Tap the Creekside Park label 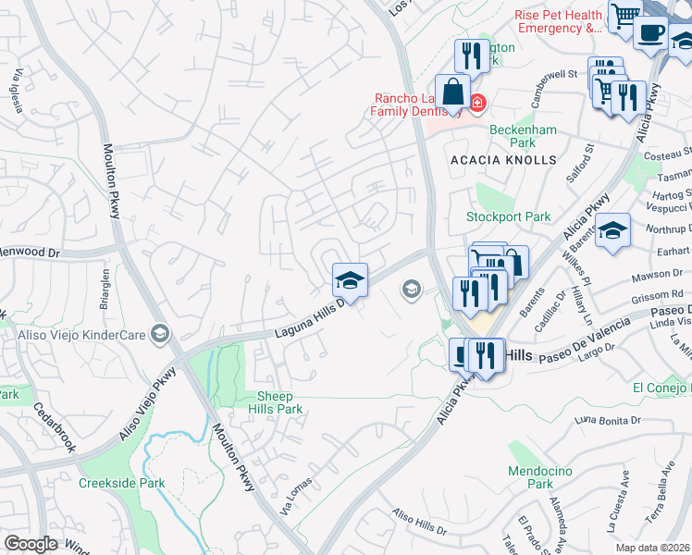coord(121,483)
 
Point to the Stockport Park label coord(508,217)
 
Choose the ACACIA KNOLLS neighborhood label coord(503,160)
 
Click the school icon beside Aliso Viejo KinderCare coord(161,333)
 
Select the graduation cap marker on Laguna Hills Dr coord(350,280)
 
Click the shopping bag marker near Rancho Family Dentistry coord(453,93)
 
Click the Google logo coord(31,544)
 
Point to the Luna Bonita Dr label coord(607,422)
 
